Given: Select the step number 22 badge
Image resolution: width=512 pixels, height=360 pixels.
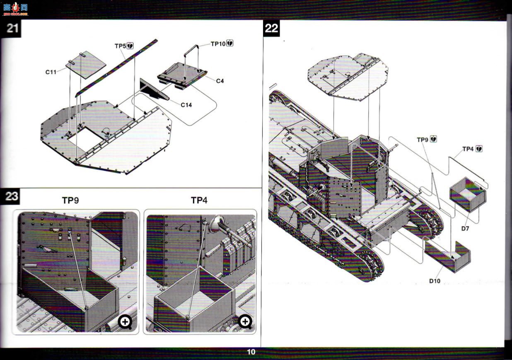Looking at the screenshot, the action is (271, 28).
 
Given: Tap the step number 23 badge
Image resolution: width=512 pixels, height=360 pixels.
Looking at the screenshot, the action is (10, 196).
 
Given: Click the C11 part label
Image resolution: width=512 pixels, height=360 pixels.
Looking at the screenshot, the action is (51, 72).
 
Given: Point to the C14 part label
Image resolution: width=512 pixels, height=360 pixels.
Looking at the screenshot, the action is (186, 105).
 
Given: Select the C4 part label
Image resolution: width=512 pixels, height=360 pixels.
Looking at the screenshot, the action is (220, 81).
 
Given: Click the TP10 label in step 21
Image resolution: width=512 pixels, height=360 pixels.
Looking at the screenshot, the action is (218, 44).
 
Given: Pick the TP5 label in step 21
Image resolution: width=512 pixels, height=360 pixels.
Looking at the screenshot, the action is (121, 46).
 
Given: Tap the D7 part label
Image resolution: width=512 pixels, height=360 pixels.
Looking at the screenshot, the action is (465, 228).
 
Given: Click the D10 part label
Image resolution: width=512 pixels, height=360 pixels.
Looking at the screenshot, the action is (435, 281).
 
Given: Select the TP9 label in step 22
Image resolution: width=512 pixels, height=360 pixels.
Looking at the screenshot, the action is (423, 140).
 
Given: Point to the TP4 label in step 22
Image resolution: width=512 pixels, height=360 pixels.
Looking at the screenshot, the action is (468, 149).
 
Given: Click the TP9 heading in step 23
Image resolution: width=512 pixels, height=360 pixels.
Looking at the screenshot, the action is (70, 201).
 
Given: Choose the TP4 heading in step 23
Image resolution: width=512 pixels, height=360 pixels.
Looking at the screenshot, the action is (199, 201).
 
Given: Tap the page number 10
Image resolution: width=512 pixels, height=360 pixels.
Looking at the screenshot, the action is (251, 352).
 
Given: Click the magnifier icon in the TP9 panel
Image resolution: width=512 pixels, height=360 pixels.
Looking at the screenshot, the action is (125, 322).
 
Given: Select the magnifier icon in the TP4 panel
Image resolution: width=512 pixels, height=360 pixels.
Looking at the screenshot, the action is (245, 322).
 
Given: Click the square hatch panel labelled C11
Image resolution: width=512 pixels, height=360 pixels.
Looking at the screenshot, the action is (86, 65).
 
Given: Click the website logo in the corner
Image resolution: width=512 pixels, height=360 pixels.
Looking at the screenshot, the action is (16, 9).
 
